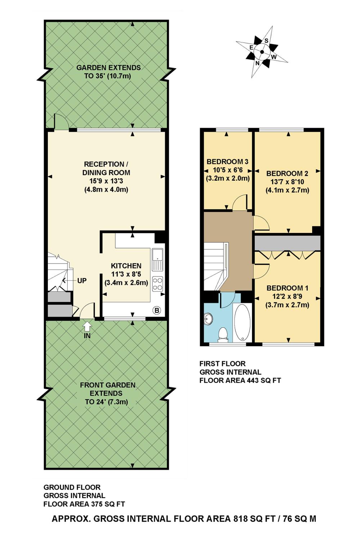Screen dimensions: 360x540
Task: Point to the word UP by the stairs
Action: pyautogui.click(x=82, y=280)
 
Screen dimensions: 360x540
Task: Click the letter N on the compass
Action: pyautogui.click(x=257, y=63)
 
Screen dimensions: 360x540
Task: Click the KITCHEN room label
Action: pyautogui.click(x=126, y=266)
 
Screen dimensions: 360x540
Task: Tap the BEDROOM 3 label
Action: pyautogui.click(x=228, y=162)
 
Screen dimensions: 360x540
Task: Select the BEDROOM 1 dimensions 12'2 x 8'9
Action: pyautogui.click(x=287, y=297)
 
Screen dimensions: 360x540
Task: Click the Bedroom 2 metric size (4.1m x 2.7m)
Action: pyautogui.click(x=287, y=190)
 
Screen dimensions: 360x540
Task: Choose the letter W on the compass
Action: pyautogui.click(x=274, y=57)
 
